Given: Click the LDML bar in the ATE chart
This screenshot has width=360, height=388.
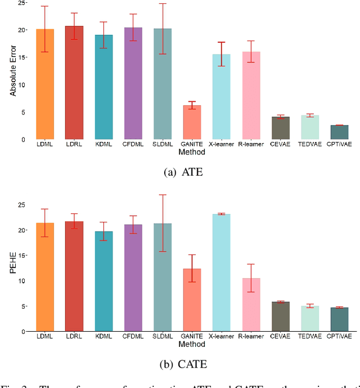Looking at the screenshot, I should (x=45, y=84).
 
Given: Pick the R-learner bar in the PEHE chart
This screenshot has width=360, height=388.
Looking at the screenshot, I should (x=251, y=305).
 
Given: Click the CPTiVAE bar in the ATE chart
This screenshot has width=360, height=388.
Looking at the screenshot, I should (x=339, y=132).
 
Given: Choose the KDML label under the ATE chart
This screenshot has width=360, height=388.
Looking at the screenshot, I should (x=103, y=145).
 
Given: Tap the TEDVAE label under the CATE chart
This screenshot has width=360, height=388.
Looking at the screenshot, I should (x=309, y=337).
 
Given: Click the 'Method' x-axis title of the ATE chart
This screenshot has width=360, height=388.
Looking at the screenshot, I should (x=191, y=152).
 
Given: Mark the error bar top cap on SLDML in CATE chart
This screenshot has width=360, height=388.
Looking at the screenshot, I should (x=163, y=195).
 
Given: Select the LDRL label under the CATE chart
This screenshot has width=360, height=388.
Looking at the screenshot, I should (x=74, y=337).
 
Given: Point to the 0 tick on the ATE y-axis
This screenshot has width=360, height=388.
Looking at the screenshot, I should (x=22, y=140).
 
